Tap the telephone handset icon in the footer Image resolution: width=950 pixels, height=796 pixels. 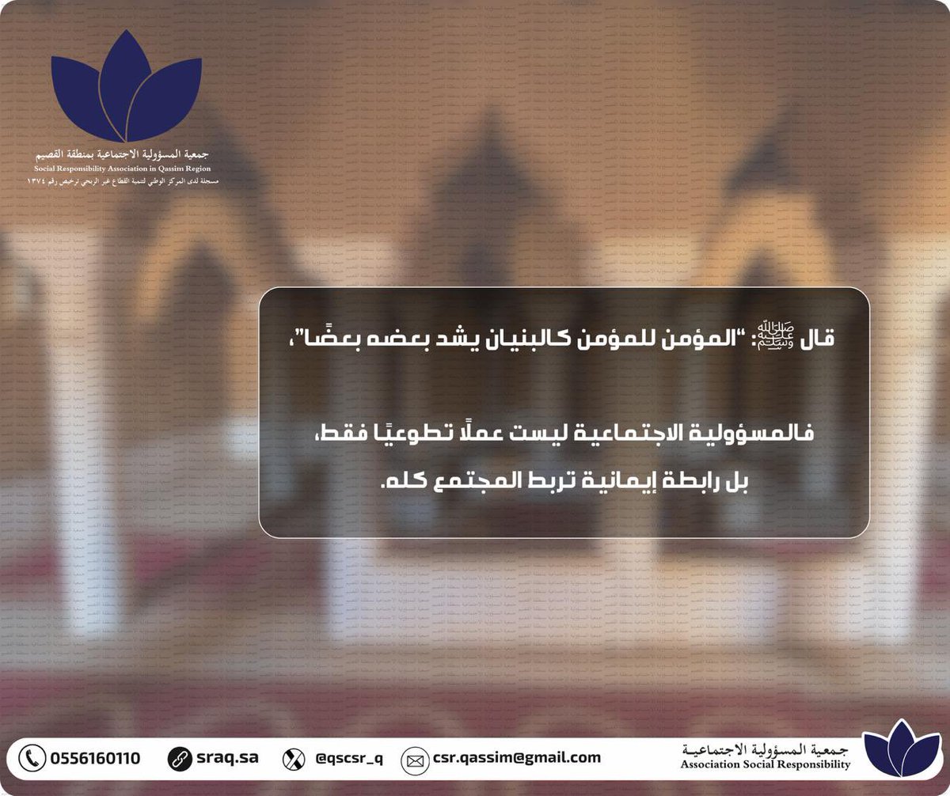(x=32, y=758)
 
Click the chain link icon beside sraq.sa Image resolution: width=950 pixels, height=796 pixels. (x=180, y=758)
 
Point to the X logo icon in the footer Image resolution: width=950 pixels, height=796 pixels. (x=294, y=759)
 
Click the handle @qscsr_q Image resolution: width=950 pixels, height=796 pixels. (x=349, y=758)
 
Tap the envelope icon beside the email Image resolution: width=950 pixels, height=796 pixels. (x=414, y=760)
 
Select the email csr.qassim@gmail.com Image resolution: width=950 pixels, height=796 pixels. (x=517, y=758)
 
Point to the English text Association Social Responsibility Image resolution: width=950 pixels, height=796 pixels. (x=765, y=765)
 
